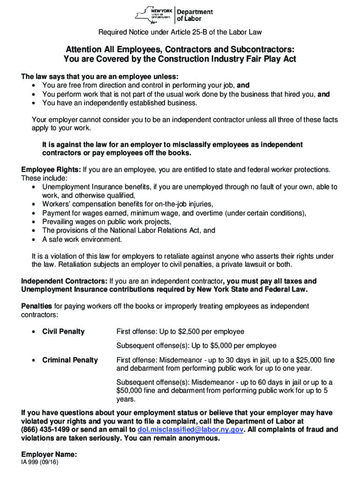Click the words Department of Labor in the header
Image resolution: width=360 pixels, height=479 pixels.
click(194, 15)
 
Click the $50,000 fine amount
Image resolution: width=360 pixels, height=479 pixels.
click(130, 391)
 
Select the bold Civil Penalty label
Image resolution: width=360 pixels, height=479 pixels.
click(64, 332)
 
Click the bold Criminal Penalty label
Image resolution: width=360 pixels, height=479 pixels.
click(70, 360)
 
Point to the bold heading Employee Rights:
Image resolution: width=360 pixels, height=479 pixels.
click(51, 169)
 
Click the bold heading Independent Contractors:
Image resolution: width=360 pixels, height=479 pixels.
click(65, 281)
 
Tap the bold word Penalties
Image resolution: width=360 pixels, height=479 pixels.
click(37, 306)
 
